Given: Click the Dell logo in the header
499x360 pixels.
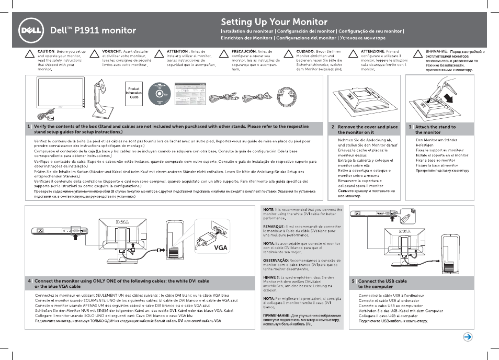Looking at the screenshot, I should point(31,29).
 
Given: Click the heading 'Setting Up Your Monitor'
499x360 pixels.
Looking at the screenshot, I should point(274,22).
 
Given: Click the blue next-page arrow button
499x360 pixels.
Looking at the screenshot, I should point(468,337).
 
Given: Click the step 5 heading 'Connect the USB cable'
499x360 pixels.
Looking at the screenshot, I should point(382,281).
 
